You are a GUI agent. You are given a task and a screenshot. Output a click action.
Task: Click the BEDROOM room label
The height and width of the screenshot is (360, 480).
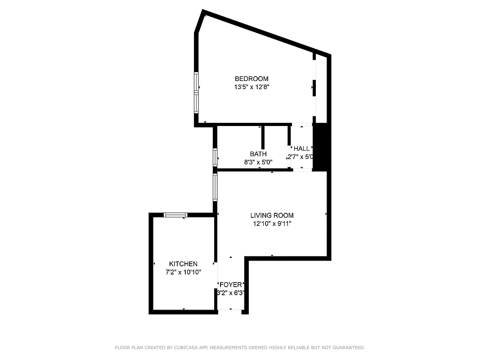coord(251,79)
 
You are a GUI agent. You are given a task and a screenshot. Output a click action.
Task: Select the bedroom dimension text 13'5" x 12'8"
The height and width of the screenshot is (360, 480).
coord(251,87)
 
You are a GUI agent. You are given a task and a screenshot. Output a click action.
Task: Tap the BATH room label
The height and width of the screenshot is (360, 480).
coord(258,154)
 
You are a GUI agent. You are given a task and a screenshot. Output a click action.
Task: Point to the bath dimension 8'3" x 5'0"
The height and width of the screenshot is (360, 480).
coord(258,162)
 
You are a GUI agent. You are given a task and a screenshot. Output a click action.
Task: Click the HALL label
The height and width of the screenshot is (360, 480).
coord(301,148)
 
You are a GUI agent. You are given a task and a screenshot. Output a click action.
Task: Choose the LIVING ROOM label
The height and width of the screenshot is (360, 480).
coord(272,216)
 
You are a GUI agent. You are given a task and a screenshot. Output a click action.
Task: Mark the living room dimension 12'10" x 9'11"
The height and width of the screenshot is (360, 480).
coord(272,224)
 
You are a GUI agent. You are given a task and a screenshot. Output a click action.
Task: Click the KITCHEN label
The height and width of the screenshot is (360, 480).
coord(183,264)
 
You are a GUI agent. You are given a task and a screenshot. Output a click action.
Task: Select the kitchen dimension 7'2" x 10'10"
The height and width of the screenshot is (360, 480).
coord(183,272)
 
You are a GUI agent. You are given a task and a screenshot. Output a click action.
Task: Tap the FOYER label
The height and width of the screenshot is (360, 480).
coord(231,285)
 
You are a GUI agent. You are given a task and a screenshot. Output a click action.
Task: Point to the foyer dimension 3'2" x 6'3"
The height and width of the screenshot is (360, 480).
coord(231,293)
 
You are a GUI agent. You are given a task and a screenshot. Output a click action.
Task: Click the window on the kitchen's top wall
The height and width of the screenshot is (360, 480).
coord(175,215)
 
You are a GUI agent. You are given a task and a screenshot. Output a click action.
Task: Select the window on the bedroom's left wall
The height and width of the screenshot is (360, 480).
coord(196,92)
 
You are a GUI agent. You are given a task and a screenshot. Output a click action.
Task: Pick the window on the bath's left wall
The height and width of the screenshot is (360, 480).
coord(215,157)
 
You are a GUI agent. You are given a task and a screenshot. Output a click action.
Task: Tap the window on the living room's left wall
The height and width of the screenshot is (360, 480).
coord(215,187)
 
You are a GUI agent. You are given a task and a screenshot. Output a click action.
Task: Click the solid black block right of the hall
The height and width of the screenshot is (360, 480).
coord(322,147)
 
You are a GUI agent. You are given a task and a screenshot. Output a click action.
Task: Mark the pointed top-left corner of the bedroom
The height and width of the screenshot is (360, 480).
coord(203,12)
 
